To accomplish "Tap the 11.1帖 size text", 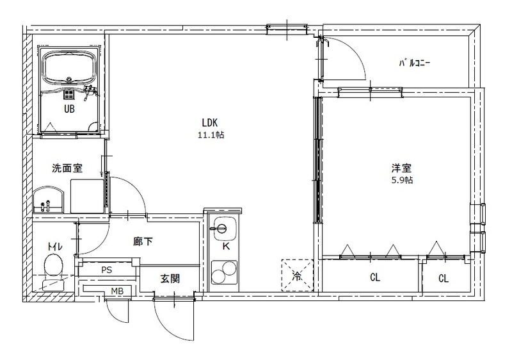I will coord(211,135).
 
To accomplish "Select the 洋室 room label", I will coord(401,168).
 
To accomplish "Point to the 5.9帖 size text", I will coord(401,181).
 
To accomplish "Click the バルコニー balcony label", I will coord(414,63).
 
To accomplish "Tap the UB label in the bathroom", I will coord(68,109).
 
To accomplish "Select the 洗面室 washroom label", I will coord(67,169).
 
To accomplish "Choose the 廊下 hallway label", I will coord(142,241).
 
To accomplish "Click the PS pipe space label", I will coord(106,270).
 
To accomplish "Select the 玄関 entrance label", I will coord(170,279).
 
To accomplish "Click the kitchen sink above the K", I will coord(224,227).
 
